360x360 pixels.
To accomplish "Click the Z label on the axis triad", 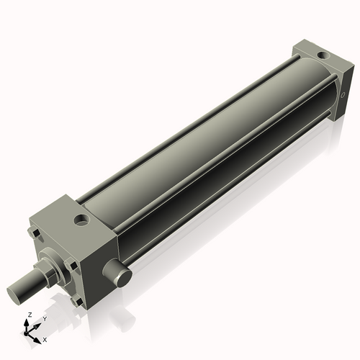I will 28,315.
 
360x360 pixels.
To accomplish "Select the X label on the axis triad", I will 45,338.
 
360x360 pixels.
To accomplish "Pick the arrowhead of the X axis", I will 38,336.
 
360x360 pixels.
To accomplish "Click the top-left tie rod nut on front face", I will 35,234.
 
